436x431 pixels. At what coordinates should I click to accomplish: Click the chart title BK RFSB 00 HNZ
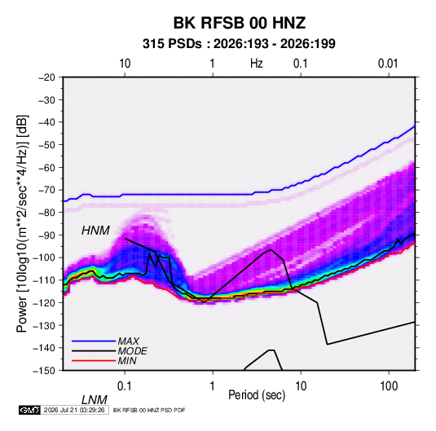pyautogui.click(x=240, y=23)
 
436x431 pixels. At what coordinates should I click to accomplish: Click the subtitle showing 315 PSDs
pyautogui.click(x=239, y=44)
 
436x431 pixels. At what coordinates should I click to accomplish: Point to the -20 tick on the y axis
pyautogui.click(x=46, y=77)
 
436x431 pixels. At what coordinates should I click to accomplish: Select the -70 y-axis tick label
pyautogui.click(x=46, y=190)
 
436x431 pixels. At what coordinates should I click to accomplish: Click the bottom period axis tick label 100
pyautogui.click(x=389, y=386)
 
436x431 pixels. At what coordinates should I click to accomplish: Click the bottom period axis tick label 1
pyautogui.click(x=212, y=386)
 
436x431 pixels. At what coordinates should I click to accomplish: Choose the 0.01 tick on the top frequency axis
pyautogui.click(x=388, y=64)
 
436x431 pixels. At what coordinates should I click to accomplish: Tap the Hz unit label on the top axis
pyautogui.click(x=257, y=64)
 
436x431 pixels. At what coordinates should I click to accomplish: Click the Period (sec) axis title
pyautogui.click(x=257, y=395)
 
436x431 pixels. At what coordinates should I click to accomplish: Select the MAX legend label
pyautogui.click(x=129, y=341)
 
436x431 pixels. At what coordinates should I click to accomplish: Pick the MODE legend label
pyautogui.click(x=132, y=351)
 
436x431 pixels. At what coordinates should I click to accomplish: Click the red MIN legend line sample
pyautogui.click(x=94, y=361)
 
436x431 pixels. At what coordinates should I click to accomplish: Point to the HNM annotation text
pyautogui.click(x=95, y=231)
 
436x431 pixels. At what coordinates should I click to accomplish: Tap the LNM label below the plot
pyautogui.click(x=95, y=400)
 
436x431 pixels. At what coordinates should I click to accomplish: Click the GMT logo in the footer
pyautogui.click(x=29, y=410)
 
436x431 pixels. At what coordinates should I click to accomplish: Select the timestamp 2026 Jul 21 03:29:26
pyautogui.click(x=74, y=410)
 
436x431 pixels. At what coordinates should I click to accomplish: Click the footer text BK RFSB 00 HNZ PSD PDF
pyautogui.click(x=149, y=410)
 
